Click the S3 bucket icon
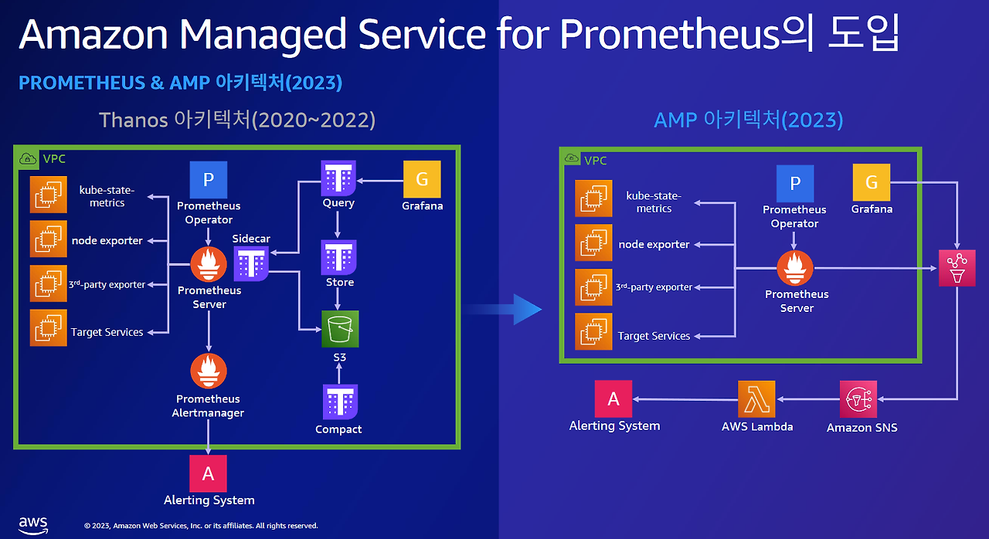[340, 329]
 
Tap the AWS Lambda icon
[756, 398]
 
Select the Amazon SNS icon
[858, 399]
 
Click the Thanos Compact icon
[340, 402]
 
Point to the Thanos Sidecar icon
[251, 264]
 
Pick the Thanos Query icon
[338, 178]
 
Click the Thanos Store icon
[338, 258]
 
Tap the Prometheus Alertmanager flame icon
[209, 371]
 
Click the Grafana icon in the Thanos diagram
[422, 179]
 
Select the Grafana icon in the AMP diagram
[872, 182]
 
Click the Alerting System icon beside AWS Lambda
[613, 398]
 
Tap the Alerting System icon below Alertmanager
[208, 473]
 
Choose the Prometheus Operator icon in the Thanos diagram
[209, 179]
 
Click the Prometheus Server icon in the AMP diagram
[795, 268]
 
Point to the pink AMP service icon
[957, 268]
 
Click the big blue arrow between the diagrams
[503, 309]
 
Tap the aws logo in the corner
[33, 525]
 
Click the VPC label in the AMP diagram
[595, 161]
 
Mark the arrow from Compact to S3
[339, 373]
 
